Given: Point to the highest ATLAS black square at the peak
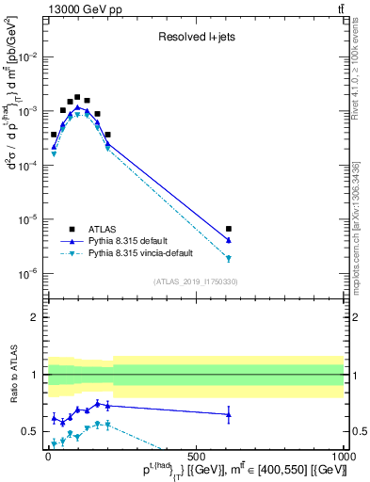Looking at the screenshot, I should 77,97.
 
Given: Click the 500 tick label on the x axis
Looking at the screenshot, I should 195,455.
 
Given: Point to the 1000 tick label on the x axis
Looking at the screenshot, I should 343,455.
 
